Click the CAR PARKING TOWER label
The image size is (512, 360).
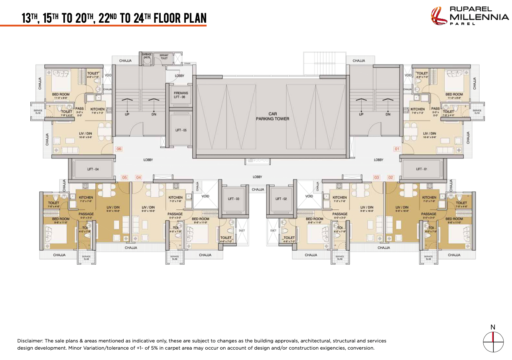272,116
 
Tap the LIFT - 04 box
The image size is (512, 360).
93,169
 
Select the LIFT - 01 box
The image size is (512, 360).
421,169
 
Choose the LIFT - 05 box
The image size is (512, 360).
181,130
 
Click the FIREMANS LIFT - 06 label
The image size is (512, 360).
181,95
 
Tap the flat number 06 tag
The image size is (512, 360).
118,149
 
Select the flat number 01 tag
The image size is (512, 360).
396,149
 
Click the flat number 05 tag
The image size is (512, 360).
124,177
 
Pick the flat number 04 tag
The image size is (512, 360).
138,177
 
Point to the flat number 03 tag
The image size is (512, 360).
376,177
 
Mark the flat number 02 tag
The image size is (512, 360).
390,177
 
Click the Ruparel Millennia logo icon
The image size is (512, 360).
439,16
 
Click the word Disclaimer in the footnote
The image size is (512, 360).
30,341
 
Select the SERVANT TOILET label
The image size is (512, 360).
164,57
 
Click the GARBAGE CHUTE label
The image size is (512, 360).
146,56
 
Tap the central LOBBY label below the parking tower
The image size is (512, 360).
258,177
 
